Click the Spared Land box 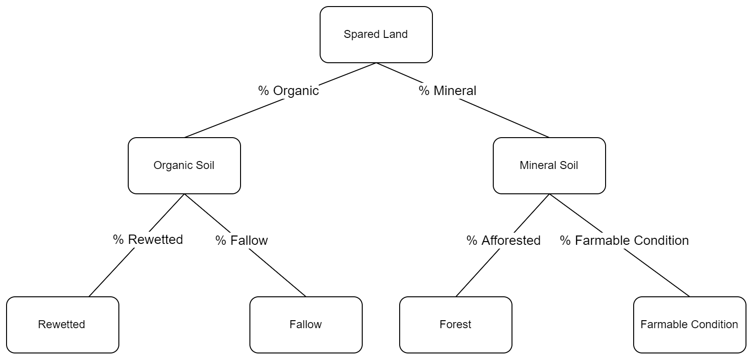click(376, 35)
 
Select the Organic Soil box click(184, 166)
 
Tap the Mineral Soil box click(549, 166)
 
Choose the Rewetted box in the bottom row click(62, 325)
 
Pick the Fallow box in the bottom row click(306, 325)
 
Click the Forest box click(455, 325)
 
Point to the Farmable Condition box click(689, 325)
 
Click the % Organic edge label click(288, 90)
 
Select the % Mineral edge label click(447, 90)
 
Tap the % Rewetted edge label click(148, 239)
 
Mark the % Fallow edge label click(241, 240)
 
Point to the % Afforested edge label click(504, 240)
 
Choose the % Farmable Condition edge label click(624, 240)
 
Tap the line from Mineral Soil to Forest click(477, 273)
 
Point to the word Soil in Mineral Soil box click(569, 166)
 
